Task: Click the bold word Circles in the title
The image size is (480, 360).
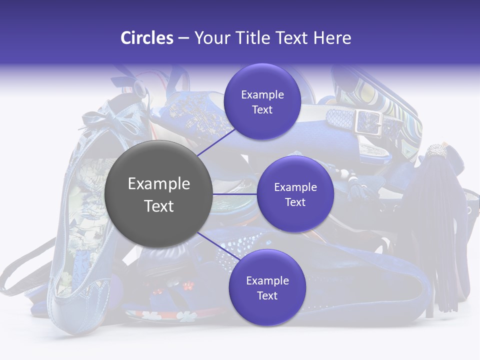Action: pos(147,38)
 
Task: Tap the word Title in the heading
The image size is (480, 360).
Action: pos(253,38)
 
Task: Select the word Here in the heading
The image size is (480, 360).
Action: pos(332,38)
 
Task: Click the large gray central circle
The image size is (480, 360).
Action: pos(158,194)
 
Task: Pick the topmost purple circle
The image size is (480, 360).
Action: pos(262,101)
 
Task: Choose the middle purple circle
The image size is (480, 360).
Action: pos(295,194)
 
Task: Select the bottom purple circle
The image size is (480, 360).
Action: pos(267,287)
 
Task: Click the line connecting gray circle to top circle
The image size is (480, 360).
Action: pos(216,142)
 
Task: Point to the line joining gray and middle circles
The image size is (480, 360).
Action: pos(235,194)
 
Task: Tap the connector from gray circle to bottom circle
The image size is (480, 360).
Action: pos(218,246)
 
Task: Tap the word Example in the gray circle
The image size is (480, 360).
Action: pos(159,183)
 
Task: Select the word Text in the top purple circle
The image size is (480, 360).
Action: pos(262,109)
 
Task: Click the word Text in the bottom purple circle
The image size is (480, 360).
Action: pos(267,295)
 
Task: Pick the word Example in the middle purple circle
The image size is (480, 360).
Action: pos(295,187)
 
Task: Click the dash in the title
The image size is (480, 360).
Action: pos(183,38)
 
